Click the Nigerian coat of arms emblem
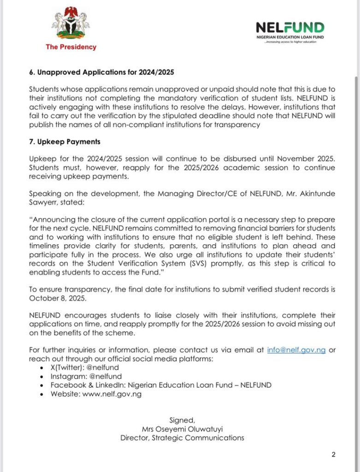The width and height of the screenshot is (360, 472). [x=71, y=23]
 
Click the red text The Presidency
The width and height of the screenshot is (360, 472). [x=71, y=47]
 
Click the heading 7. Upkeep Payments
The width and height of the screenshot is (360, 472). [x=65, y=142]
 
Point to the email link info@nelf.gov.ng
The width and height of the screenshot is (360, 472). [x=296, y=350]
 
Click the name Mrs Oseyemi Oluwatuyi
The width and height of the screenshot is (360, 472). [x=182, y=429]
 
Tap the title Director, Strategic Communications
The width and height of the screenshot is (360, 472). [x=182, y=437]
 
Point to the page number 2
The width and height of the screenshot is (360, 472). [x=333, y=454]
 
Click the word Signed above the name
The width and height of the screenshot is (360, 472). [x=182, y=420]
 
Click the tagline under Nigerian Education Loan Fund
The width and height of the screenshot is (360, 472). [x=290, y=41]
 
